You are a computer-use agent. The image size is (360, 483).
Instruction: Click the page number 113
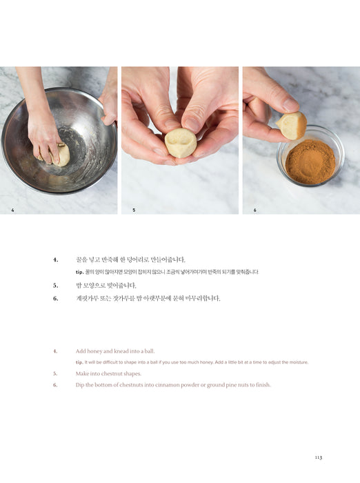tap(319, 457)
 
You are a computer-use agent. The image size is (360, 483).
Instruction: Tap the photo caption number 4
tap(12, 210)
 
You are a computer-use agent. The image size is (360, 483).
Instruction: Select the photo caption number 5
tap(134, 210)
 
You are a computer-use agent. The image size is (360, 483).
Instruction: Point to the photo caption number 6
tap(255, 210)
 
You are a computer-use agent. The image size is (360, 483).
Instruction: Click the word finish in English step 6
tap(263, 385)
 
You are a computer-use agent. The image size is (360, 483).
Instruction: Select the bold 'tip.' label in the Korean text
tap(80, 273)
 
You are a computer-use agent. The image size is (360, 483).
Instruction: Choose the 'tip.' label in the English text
tap(79, 362)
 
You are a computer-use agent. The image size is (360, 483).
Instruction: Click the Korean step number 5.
tap(55, 286)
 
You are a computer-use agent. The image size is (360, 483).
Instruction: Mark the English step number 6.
tap(55, 385)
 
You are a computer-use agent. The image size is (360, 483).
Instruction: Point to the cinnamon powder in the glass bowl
tap(310, 162)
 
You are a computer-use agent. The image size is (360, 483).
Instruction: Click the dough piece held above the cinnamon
tap(291, 125)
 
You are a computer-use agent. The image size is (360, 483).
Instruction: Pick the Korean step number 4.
tap(55, 260)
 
